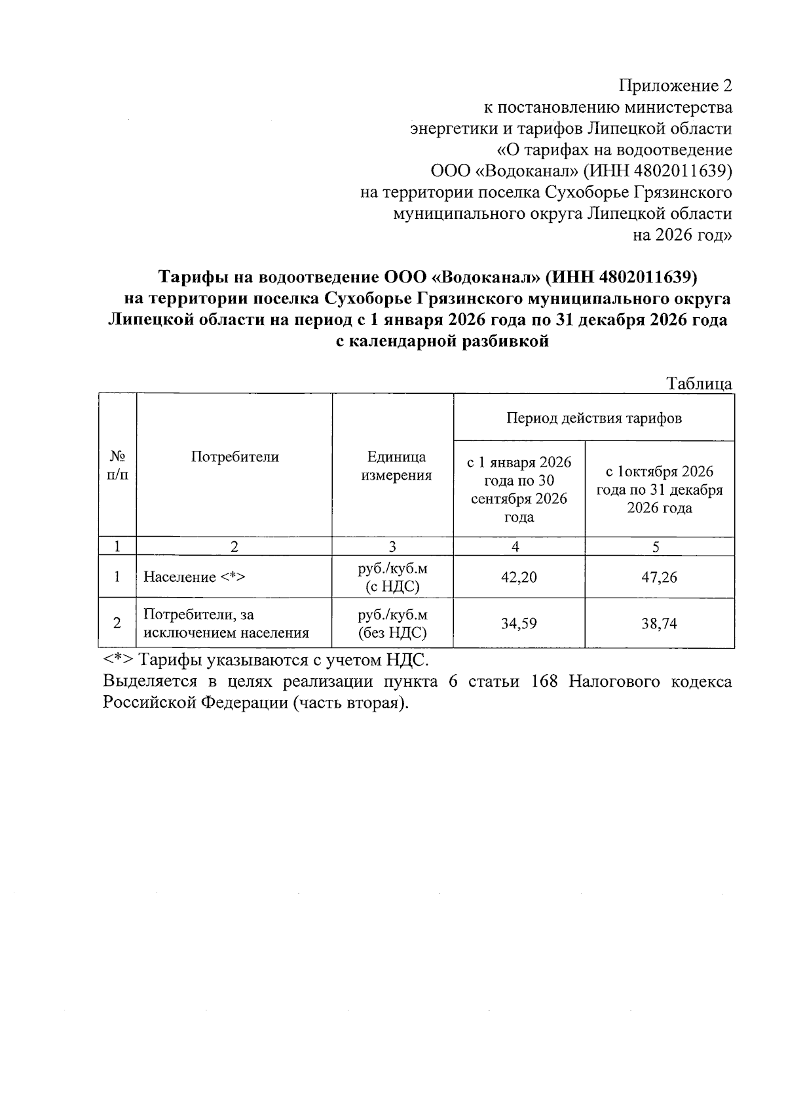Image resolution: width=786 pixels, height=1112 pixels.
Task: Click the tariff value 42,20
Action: [x=519, y=577]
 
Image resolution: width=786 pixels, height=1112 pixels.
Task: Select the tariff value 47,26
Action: [x=659, y=577]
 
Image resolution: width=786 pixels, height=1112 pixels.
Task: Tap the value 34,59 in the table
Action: [x=519, y=624]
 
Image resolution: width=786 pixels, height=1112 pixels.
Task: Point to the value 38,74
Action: [x=659, y=624]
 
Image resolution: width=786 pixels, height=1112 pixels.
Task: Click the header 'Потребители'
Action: [x=234, y=457]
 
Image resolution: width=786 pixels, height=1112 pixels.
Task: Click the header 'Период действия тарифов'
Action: [x=593, y=418]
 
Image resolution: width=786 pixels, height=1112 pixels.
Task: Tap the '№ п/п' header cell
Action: [x=117, y=465]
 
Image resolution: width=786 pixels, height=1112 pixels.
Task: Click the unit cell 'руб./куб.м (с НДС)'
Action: [x=392, y=577]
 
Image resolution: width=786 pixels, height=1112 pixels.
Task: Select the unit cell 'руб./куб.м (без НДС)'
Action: [x=392, y=624]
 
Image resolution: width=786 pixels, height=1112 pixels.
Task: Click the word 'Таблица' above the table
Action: [x=699, y=384]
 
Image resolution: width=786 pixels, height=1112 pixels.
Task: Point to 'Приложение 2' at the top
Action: [x=675, y=86]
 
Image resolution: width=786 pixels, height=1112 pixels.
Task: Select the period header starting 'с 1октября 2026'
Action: [x=659, y=489]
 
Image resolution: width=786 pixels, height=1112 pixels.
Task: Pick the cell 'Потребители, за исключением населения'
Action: [x=226, y=624]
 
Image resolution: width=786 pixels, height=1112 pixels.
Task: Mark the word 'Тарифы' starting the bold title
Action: [x=193, y=277]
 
